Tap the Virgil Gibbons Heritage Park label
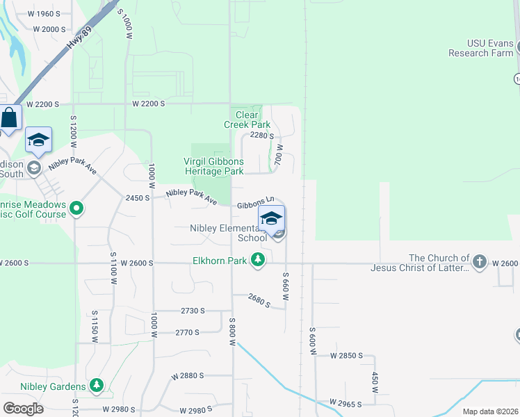click(213, 166)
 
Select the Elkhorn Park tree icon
click(258, 260)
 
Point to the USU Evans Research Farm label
click(481, 49)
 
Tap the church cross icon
click(478, 261)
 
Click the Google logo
click(23, 408)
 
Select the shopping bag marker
click(10, 119)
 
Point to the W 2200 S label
click(149, 104)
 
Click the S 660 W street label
click(285, 286)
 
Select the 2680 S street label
click(258, 300)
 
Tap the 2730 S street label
click(192, 311)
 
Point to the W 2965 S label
click(347, 402)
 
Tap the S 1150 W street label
click(95, 326)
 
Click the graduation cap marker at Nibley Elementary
click(271, 218)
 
